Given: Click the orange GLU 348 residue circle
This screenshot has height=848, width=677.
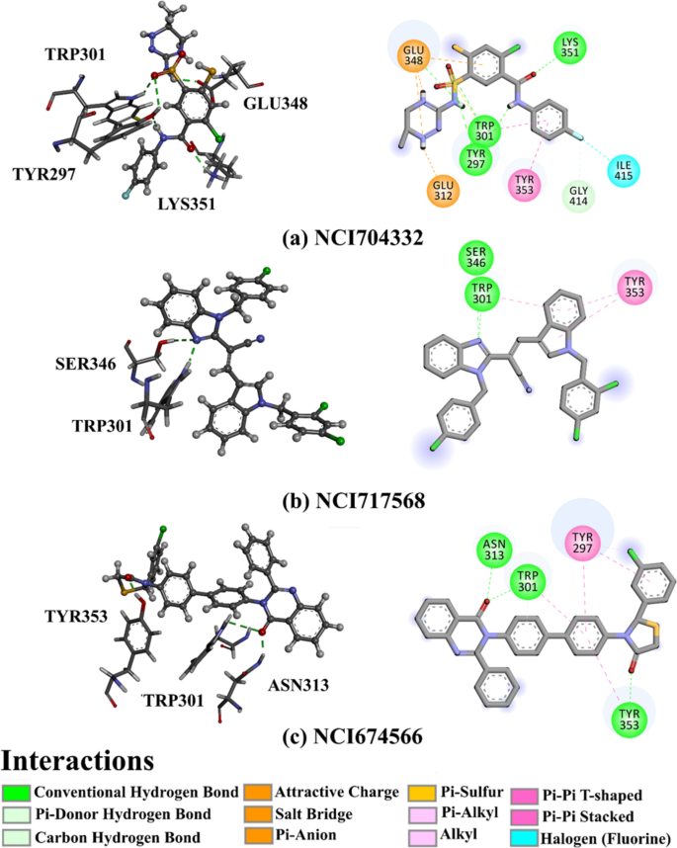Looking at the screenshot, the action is (414, 55).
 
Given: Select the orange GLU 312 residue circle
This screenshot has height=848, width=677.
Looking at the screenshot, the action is (443, 191).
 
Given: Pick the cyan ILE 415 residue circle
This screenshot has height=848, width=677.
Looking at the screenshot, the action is (624, 169).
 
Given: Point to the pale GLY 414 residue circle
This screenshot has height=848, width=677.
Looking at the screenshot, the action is (578, 197).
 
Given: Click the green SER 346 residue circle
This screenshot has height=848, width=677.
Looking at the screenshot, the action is (475, 258).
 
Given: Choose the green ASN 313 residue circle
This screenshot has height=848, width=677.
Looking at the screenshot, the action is (494, 551).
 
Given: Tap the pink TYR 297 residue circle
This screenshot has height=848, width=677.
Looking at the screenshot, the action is (582, 543).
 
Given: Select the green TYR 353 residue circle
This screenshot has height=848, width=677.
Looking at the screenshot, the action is (629, 720).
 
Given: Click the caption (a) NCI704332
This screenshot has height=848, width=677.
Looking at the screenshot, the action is (353, 238).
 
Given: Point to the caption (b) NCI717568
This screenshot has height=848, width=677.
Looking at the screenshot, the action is (354, 501).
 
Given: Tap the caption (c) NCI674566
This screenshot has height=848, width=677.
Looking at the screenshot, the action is (353, 737).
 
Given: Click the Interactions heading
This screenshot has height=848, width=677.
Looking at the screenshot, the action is (78, 761).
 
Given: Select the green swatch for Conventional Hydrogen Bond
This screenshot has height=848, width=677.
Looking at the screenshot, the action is (16, 793).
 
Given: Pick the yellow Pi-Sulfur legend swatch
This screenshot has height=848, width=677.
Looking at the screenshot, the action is (422, 793).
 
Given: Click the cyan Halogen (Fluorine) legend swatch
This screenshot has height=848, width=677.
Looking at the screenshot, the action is (525, 838).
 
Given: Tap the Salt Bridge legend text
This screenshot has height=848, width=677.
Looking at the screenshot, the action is (313, 814).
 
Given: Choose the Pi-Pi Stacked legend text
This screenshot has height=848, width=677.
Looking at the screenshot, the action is (588, 816).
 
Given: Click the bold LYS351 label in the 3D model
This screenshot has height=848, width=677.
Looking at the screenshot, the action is (187, 204).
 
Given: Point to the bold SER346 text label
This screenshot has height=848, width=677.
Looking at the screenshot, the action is (85, 364).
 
